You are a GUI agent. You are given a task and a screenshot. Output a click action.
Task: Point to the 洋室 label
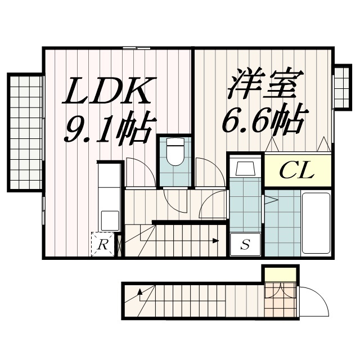click(x=265, y=83)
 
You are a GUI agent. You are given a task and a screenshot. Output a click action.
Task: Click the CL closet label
click(x=297, y=170)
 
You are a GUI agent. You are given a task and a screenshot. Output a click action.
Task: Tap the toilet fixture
click(x=175, y=151)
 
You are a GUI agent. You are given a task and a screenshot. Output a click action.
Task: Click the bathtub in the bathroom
click(x=316, y=223)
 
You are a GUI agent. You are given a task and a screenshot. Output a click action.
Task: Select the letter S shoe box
click(x=245, y=244)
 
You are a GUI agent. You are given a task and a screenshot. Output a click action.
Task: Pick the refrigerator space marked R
click(x=102, y=244)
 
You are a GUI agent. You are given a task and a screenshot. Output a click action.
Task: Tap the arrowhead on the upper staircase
click(x=215, y=241)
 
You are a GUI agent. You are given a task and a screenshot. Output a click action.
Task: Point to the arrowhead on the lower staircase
click(x=139, y=292)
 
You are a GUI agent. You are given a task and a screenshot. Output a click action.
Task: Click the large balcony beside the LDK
click(x=26, y=132)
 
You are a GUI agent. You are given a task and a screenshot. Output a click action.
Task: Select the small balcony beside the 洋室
click(x=343, y=88)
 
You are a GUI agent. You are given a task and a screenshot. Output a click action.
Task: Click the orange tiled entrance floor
click(x=280, y=299)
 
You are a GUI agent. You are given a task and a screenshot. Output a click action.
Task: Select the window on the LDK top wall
click(x=137, y=48)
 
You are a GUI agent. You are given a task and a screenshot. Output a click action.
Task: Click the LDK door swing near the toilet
click(x=141, y=172)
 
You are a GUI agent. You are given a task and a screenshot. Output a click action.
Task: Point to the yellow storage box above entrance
click(x=280, y=274)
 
